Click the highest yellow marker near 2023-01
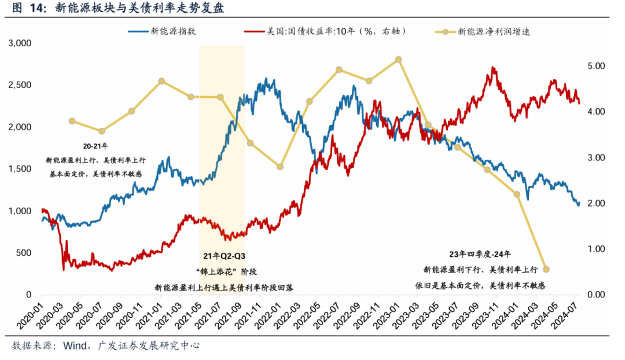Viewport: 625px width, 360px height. pyautogui.click(x=398, y=59)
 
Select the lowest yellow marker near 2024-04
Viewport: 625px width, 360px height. pyautogui.click(x=546, y=269)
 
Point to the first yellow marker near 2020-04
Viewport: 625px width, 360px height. pyautogui.click(x=72, y=121)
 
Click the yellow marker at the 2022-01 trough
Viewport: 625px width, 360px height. pyautogui.click(x=280, y=167)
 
